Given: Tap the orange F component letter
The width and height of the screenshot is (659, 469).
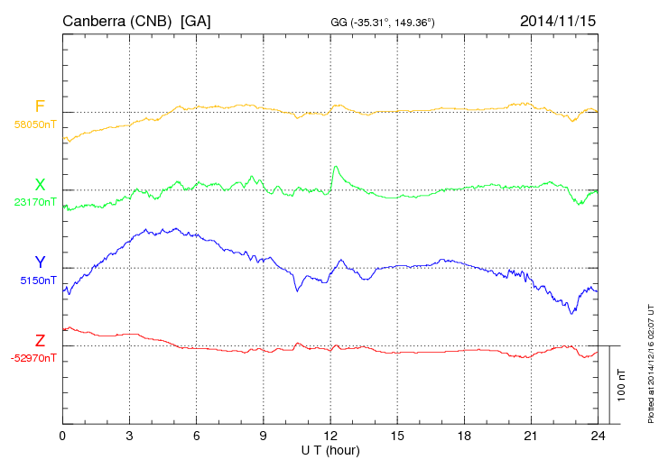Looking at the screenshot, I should [x=40, y=106].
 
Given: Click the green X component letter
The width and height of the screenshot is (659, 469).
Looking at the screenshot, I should [x=40, y=185].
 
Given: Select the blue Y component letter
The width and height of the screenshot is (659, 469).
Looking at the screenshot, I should [x=40, y=262].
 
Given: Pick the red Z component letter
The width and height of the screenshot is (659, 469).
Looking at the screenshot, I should [x=40, y=340].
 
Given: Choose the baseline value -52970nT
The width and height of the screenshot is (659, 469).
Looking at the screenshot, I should [x=34, y=358].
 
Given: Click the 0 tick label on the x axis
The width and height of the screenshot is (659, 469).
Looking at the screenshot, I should [x=62, y=436].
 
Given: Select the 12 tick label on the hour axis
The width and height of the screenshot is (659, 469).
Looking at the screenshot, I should [x=330, y=436].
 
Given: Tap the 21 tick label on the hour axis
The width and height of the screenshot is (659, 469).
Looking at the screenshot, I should [x=531, y=436].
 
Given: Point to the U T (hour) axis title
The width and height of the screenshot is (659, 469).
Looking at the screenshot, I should [x=330, y=449].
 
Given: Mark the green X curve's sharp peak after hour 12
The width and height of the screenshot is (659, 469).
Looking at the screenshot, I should [x=336, y=166].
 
